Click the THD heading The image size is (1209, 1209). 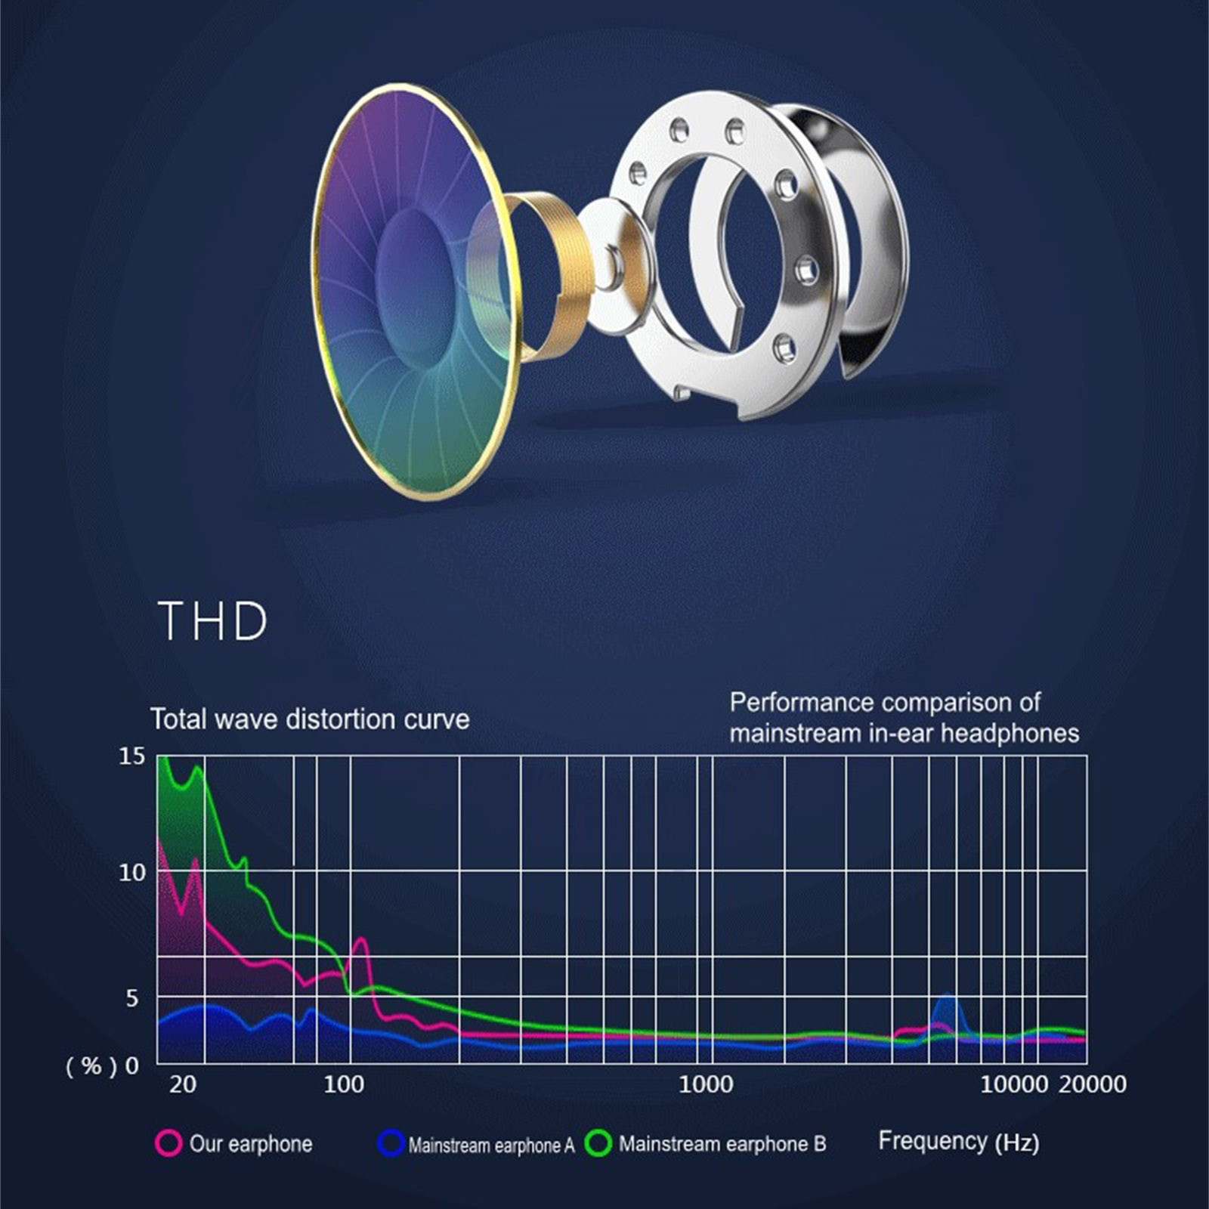tap(213, 622)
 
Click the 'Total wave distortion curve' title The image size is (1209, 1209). tap(310, 719)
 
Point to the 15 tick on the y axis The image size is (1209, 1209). tap(131, 756)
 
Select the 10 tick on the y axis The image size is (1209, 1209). tap(131, 873)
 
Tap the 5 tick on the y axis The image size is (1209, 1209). tap(131, 998)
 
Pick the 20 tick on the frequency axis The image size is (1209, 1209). tap(183, 1085)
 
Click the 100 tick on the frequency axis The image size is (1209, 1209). tap(344, 1085)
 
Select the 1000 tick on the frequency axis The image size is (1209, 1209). tap(706, 1085)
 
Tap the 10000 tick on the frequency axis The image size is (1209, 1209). tap(1014, 1085)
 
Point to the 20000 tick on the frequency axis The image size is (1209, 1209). tap(1093, 1085)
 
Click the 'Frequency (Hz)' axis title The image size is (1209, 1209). tap(958, 1141)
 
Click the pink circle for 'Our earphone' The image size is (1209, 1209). tap(169, 1143)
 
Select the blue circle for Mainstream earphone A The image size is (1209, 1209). tap(391, 1143)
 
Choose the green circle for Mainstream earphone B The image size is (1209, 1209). tap(598, 1143)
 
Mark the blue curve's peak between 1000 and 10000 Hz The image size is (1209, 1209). tap(947, 997)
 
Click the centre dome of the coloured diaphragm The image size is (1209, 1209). tap(412, 291)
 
